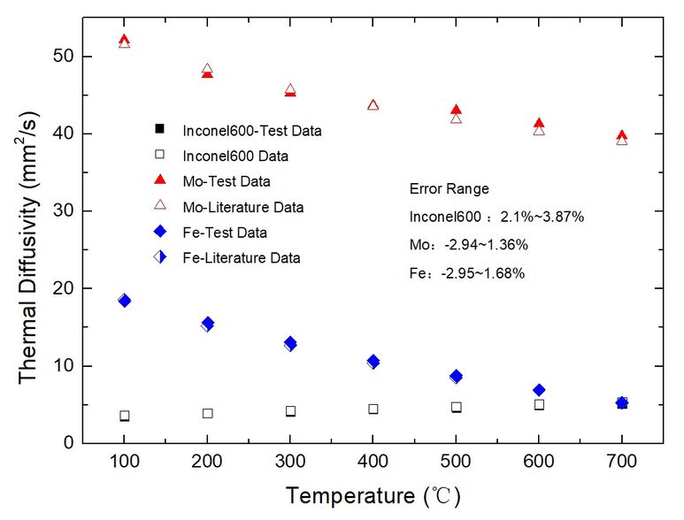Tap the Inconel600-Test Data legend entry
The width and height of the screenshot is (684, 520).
252,131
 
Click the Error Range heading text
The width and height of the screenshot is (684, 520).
449,189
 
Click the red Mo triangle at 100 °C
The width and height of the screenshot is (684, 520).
124,41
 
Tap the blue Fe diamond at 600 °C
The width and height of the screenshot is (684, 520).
539,390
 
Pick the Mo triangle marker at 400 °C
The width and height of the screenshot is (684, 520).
373,105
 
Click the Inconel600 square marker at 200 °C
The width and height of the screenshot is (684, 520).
207,413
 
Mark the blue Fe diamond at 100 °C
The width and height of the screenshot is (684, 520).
125,301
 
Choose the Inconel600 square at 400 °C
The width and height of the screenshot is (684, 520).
373,409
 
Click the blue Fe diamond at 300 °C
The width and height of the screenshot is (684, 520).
290,343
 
